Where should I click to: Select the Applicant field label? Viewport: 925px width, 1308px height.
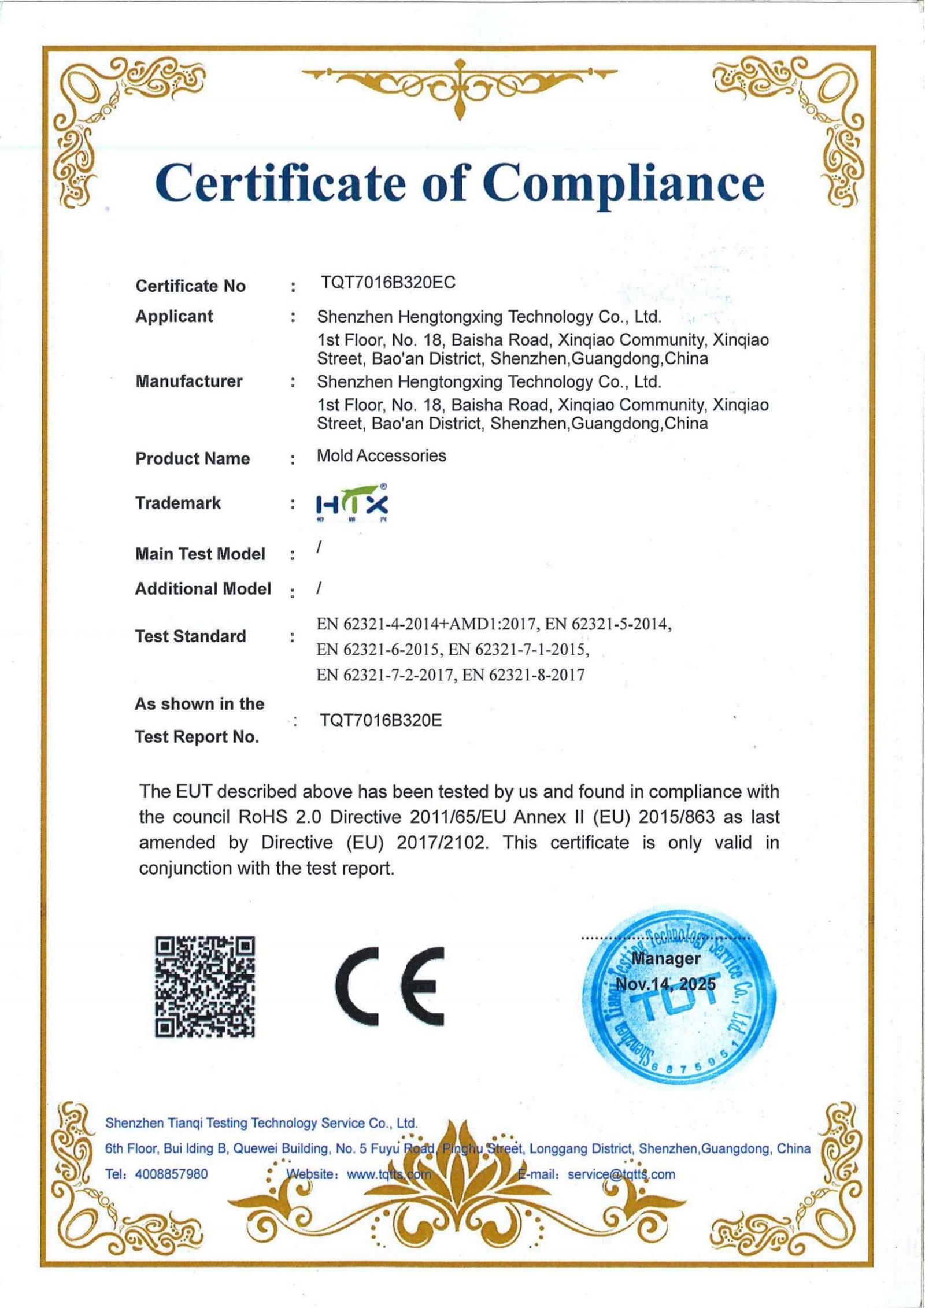174,316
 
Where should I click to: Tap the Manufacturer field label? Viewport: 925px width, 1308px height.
188,381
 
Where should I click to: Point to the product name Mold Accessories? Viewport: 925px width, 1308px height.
381,455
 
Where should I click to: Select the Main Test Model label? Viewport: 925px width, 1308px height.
200,554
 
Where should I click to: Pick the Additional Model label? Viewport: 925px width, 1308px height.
203,588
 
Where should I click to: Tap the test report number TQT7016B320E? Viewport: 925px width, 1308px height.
381,720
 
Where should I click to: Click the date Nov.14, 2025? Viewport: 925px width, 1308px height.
665,983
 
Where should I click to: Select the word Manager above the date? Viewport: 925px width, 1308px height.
665,958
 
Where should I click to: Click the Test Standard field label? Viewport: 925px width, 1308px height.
190,636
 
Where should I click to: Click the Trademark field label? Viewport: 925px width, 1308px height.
178,503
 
